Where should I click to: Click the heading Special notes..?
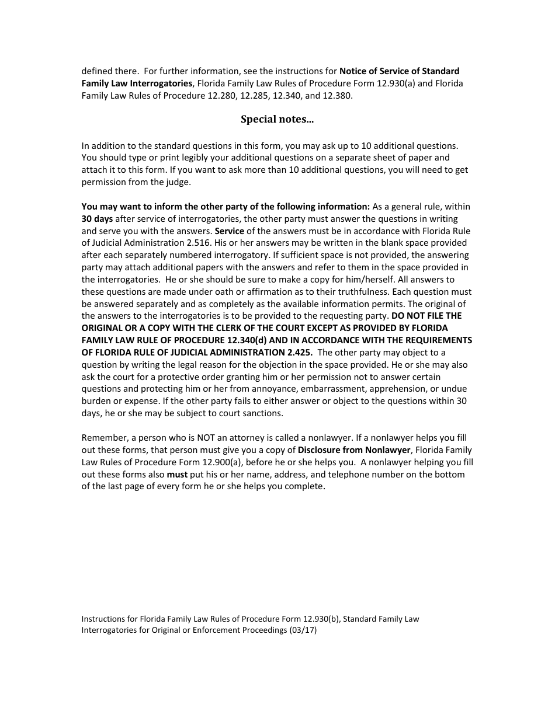(x=277, y=119)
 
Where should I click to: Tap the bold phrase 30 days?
(x=97, y=219)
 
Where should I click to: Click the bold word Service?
(x=229, y=231)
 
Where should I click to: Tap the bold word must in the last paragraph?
(x=178, y=475)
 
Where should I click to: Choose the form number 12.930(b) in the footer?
(x=321, y=619)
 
